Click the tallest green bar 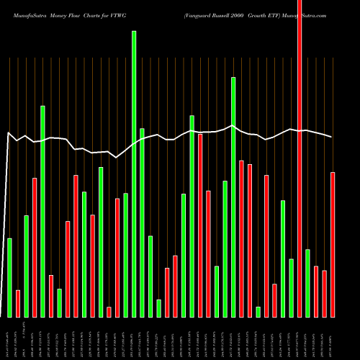(134, 174)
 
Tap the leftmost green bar (9, 277)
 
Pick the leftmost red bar (18, 303)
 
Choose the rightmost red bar (333, 244)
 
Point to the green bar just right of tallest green (142, 222)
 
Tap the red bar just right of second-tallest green (241, 238)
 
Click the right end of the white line (332, 137)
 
